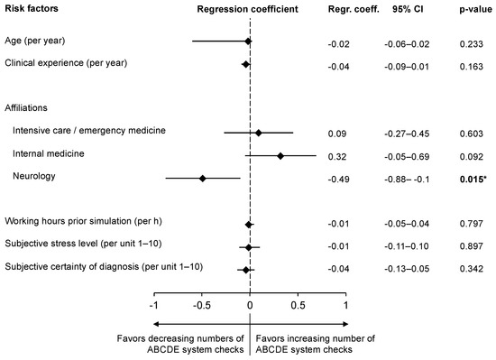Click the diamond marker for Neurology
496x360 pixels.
(203, 179)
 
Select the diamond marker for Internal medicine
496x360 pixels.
(280, 155)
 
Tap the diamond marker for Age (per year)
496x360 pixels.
(248, 42)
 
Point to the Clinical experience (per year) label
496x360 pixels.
(66, 63)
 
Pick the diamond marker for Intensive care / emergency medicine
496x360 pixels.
(259, 132)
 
